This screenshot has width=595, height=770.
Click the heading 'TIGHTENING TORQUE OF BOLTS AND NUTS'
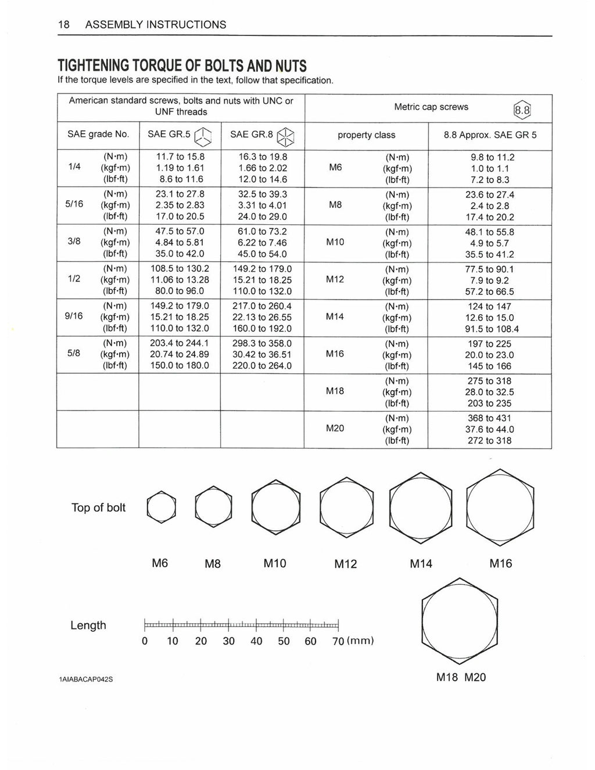point(182,66)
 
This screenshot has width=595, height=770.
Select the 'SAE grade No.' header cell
point(98,134)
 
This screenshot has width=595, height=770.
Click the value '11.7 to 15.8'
point(180,157)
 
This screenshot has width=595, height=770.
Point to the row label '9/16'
point(74,316)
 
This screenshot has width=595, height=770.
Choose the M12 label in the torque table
point(335,279)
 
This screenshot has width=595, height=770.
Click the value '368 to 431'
point(489,418)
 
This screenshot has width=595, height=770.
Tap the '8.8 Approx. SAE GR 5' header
point(490,135)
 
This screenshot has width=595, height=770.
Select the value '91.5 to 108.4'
point(489,329)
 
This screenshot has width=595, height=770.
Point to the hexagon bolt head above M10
point(276,503)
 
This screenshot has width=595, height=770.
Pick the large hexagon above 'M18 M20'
point(459,621)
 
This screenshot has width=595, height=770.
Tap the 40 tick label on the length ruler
point(256,641)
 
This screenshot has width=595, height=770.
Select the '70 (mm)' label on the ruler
point(353,641)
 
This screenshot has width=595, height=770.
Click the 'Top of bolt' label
point(98,508)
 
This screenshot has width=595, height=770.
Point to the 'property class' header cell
point(366,135)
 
